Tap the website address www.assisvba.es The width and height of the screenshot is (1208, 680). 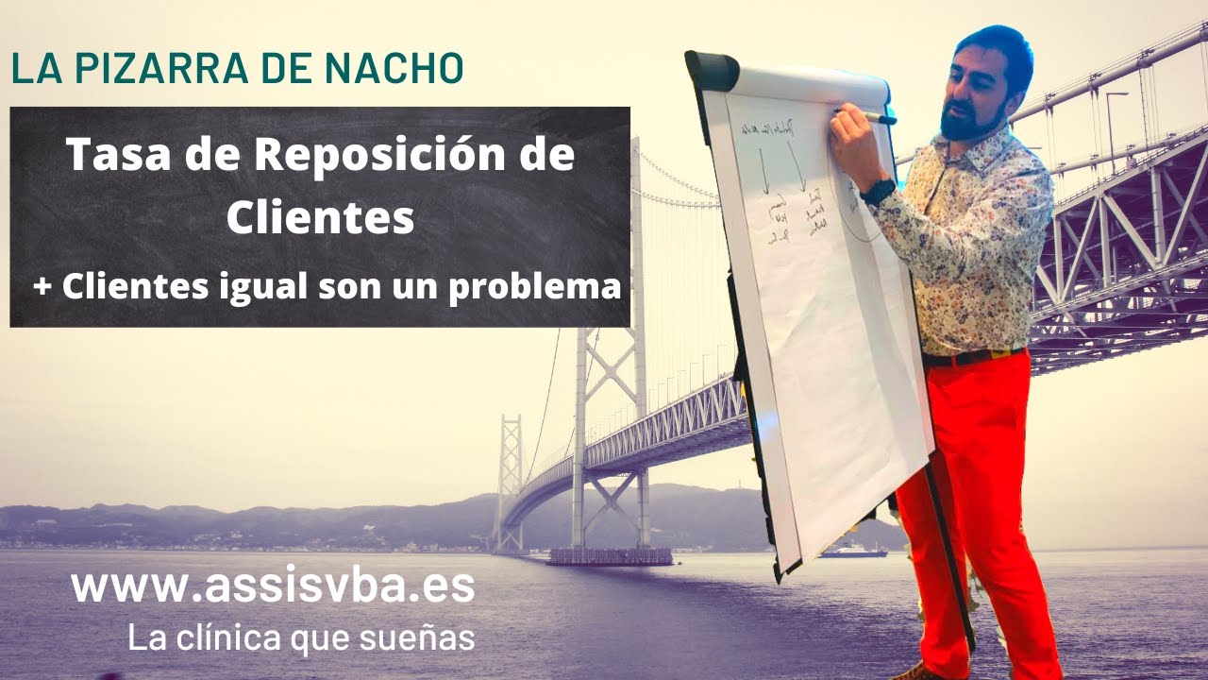273,586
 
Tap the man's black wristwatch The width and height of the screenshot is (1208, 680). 878,192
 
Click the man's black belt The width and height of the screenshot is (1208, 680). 972,358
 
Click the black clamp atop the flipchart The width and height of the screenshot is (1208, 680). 713,71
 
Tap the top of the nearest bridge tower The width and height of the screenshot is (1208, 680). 637,151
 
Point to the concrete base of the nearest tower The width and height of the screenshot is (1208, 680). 610,556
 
